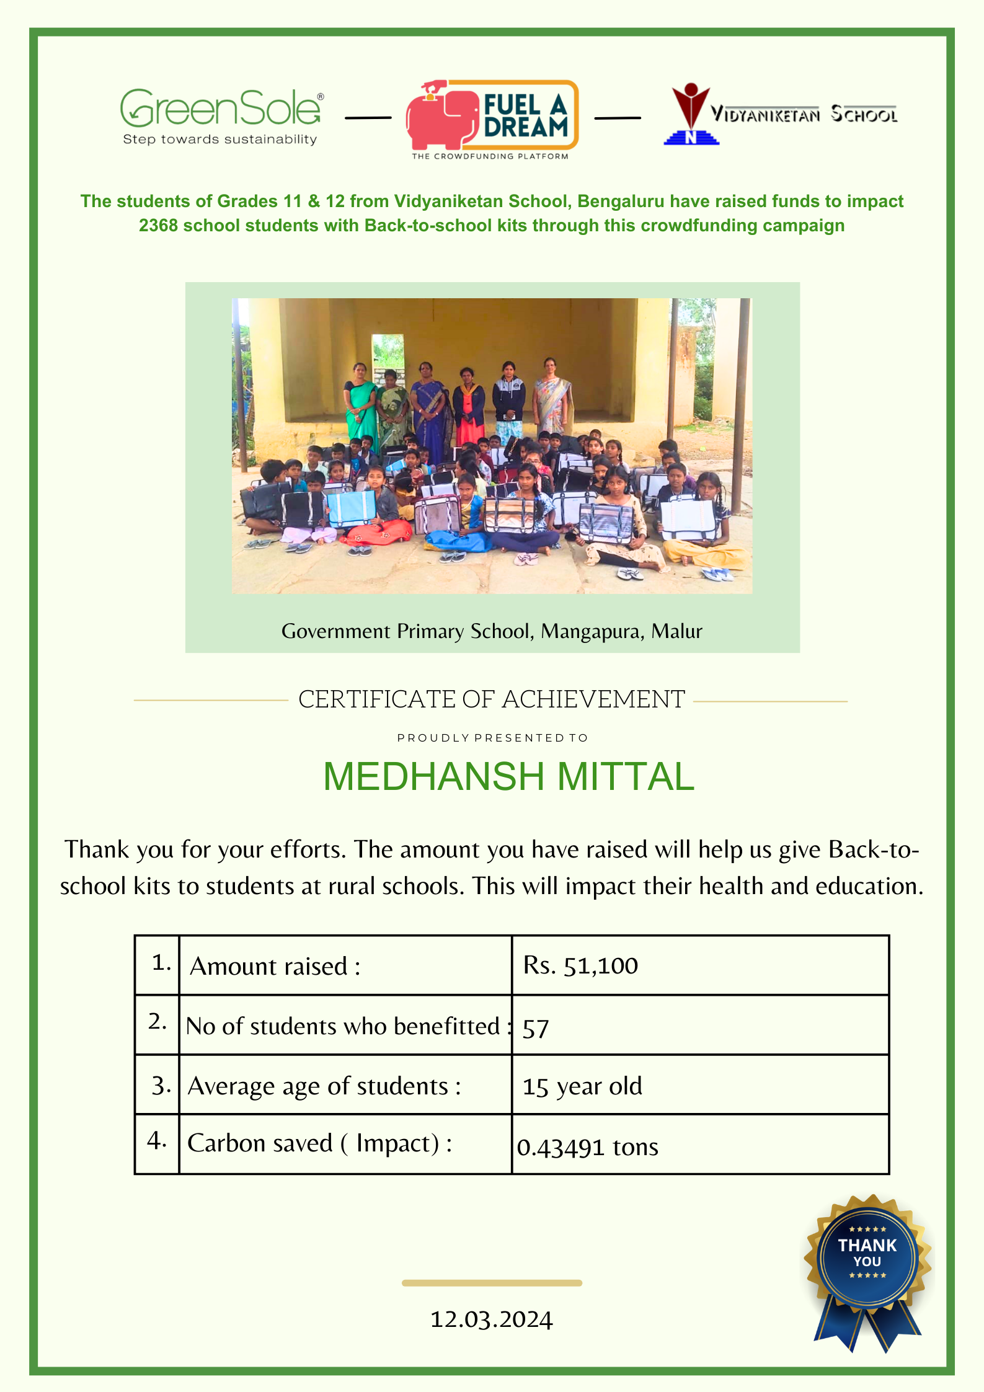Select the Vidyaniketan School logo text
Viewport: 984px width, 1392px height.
click(804, 115)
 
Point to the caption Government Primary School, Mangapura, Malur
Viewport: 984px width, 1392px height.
click(492, 631)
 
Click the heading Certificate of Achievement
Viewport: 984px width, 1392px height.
click(492, 699)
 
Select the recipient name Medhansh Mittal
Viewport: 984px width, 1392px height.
click(508, 777)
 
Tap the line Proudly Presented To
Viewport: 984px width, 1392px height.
click(492, 738)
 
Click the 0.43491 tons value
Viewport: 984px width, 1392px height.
click(587, 1147)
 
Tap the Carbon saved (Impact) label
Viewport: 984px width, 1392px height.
click(319, 1143)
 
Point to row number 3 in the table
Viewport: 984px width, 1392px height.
click(161, 1086)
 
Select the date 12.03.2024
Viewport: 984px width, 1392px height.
click(492, 1319)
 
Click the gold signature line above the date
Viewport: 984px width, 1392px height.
click(492, 1283)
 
